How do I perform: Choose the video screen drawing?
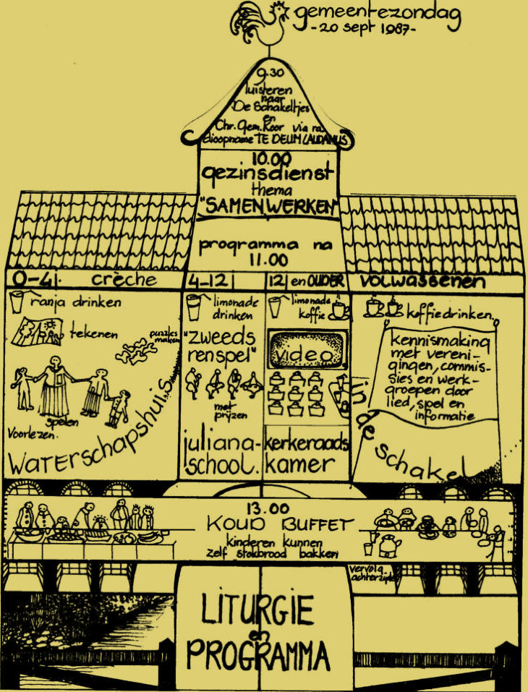(306, 354)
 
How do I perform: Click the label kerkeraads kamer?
(307, 453)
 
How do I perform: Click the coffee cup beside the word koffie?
(338, 309)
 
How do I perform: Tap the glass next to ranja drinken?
(17, 302)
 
